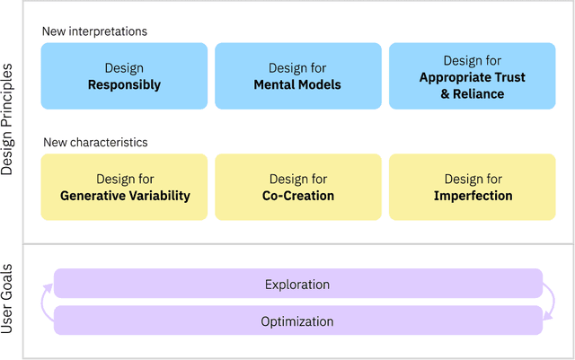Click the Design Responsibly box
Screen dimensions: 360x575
124,76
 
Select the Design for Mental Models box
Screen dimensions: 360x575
297,76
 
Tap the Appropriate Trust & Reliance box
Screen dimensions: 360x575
473,76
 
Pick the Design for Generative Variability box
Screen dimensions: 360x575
124,187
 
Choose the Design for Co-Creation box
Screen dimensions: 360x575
297,187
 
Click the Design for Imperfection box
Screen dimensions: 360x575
473,187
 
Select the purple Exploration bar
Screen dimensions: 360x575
297,284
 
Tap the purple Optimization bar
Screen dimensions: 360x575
297,320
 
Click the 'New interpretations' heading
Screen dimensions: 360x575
94,31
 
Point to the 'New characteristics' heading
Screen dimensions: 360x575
94,142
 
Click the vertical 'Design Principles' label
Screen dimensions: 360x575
8,121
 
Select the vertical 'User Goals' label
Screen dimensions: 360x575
8,302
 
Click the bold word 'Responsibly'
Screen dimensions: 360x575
124,85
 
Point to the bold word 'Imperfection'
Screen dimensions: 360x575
473,196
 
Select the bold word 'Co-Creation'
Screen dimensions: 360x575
297,196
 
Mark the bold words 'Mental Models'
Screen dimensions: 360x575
297,85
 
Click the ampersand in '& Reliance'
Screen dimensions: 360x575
445,93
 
